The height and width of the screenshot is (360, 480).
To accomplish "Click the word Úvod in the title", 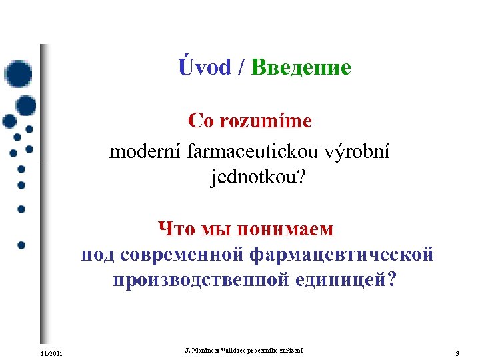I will tap(205, 67).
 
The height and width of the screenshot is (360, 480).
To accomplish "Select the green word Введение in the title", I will tap(301, 67).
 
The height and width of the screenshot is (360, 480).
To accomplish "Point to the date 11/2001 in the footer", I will tap(51, 353).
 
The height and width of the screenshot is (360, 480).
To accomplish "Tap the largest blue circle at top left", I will tap(17, 74).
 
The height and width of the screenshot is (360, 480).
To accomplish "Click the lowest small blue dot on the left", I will tap(21, 245).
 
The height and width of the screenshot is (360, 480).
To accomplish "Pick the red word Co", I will tap(200, 121).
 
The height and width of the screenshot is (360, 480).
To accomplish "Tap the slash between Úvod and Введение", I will tap(241, 67).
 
